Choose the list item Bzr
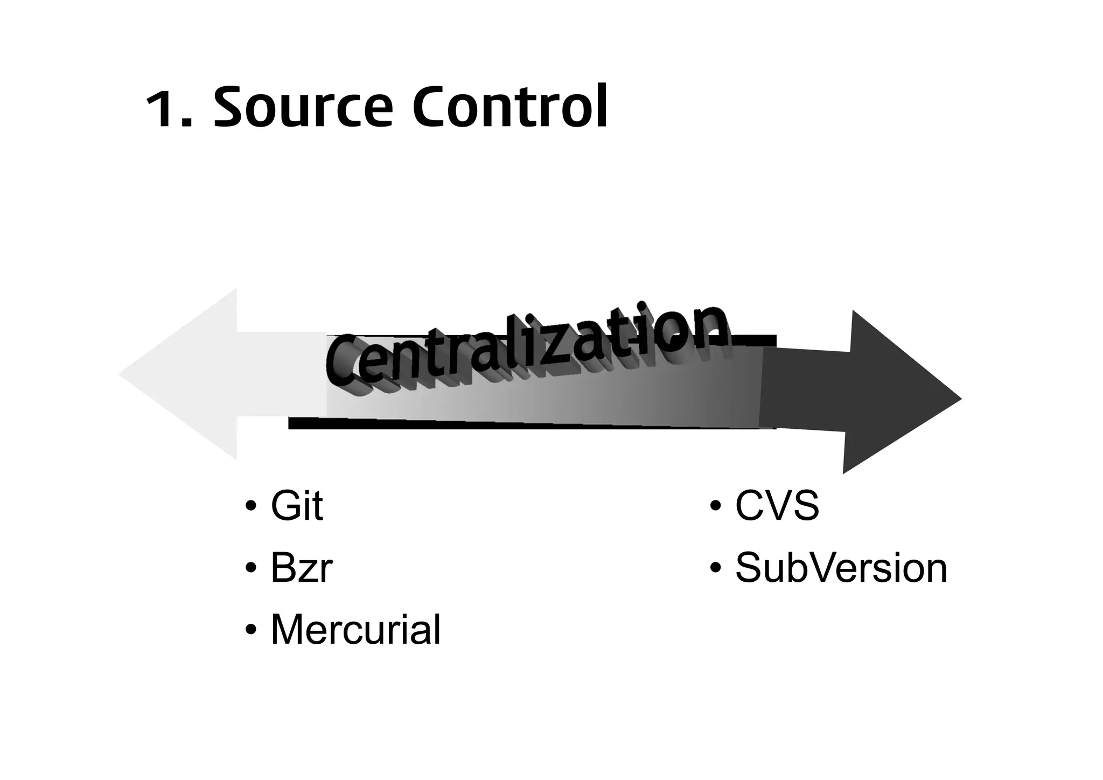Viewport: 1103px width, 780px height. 301,568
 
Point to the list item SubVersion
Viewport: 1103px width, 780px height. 841,568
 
